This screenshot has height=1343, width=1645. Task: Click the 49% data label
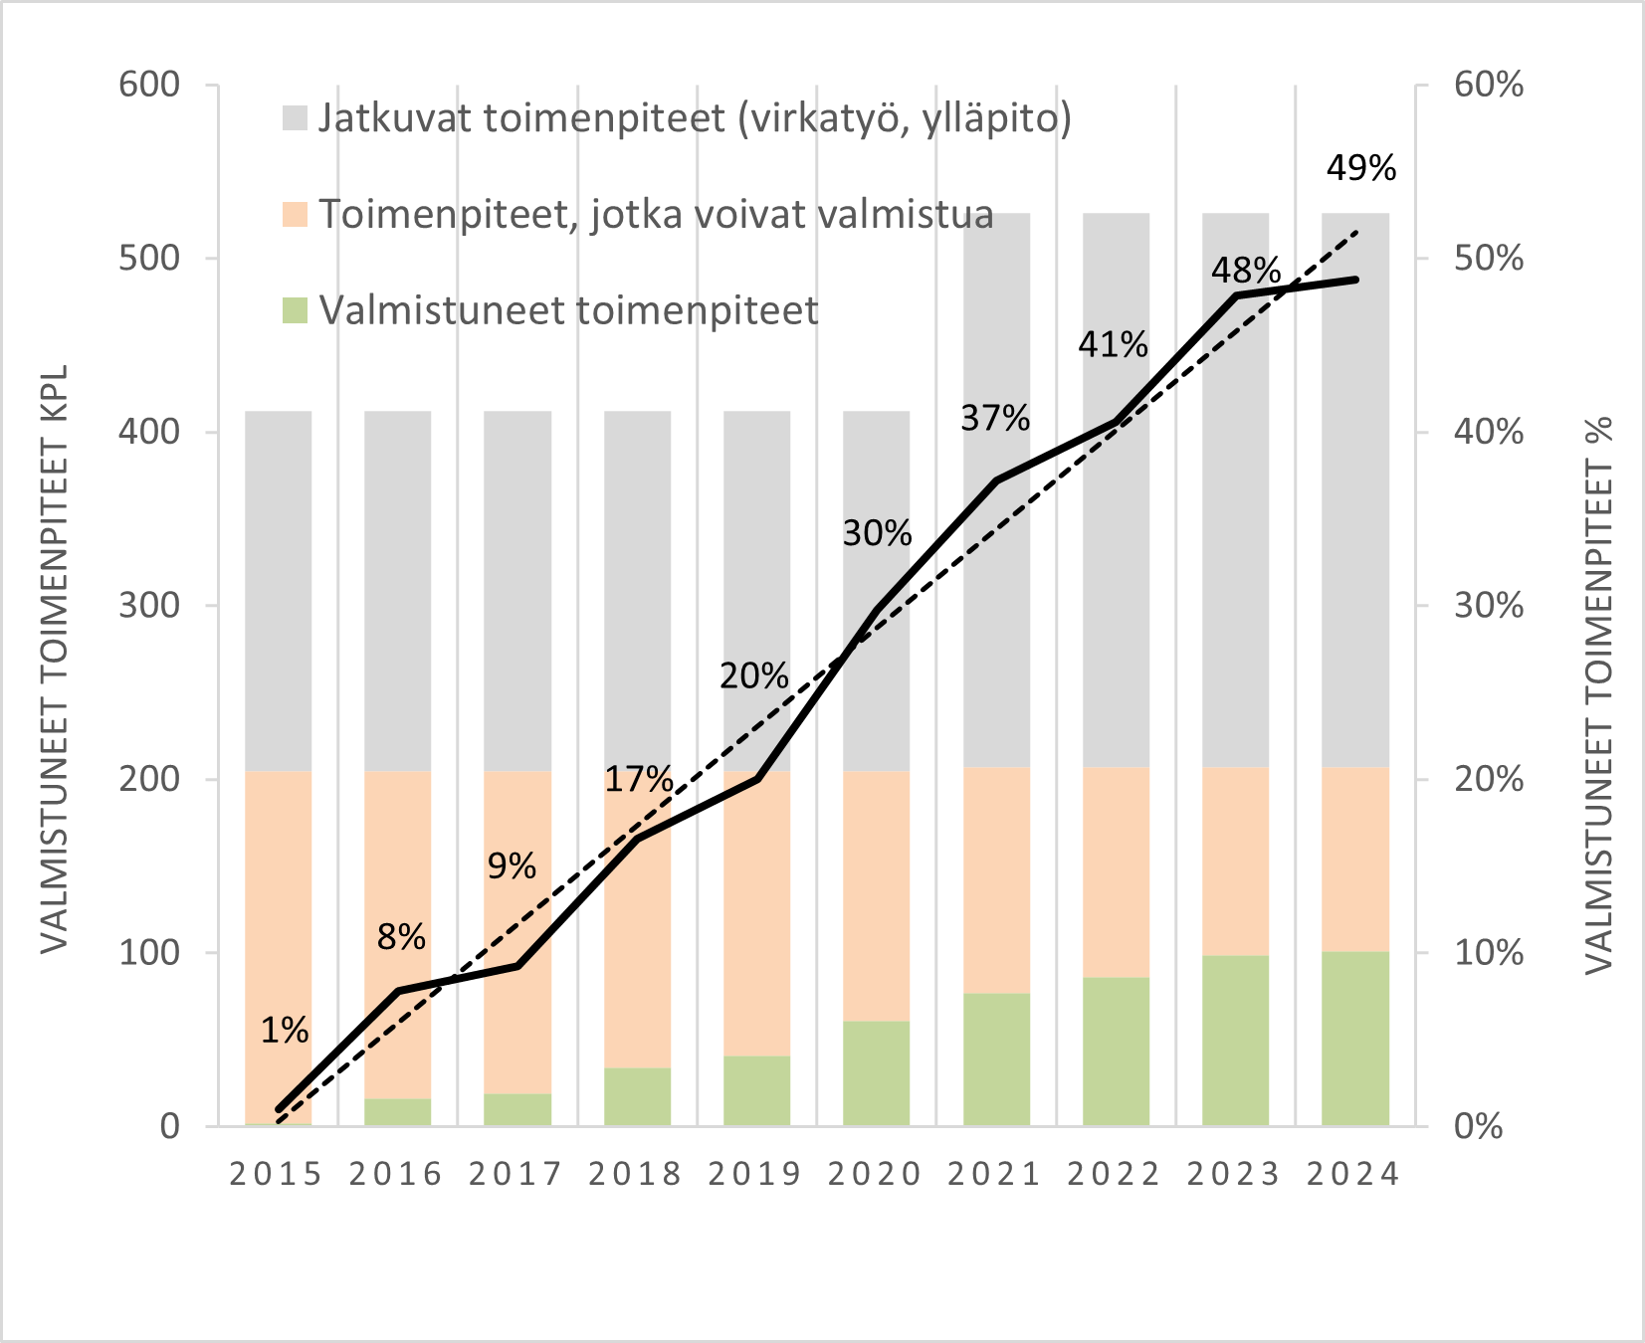click(1360, 169)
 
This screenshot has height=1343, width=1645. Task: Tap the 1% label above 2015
click(285, 1031)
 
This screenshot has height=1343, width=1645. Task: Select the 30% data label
click(877, 534)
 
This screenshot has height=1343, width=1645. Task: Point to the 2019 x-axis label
click(755, 1175)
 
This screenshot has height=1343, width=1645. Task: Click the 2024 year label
click(1353, 1175)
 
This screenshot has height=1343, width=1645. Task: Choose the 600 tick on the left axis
click(149, 85)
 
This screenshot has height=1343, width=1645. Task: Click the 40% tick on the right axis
click(1488, 432)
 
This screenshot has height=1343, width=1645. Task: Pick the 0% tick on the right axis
click(1479, 1126)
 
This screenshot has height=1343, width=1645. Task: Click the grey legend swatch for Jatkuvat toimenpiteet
click(296, 118)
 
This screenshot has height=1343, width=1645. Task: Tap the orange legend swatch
click(296, 214)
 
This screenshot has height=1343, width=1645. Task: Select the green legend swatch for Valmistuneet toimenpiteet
click(296, 310)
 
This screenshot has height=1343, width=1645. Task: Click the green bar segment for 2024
click(1354, 1040)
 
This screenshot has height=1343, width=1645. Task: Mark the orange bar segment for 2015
click(279, 945)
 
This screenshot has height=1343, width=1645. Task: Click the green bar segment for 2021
click(996, 1059)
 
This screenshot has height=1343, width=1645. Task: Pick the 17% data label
click(638, 779)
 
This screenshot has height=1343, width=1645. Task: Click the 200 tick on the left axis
click(149, 779)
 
